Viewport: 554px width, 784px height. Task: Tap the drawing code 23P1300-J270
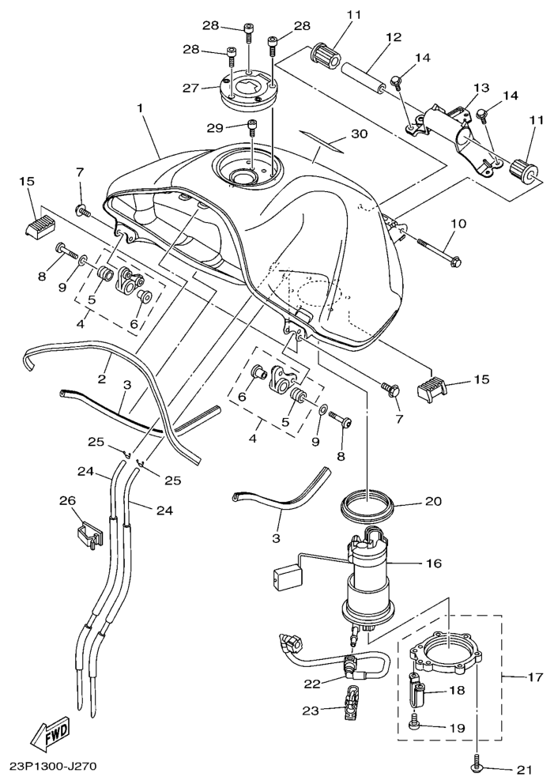(x=55, y=766)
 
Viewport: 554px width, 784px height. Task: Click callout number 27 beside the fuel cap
(x=190, y=88)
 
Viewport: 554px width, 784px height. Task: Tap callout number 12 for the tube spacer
(x=393, y=36)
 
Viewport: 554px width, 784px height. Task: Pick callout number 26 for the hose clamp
(x=68, y=500)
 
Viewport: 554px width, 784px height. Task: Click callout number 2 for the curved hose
(x=102, y=379)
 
